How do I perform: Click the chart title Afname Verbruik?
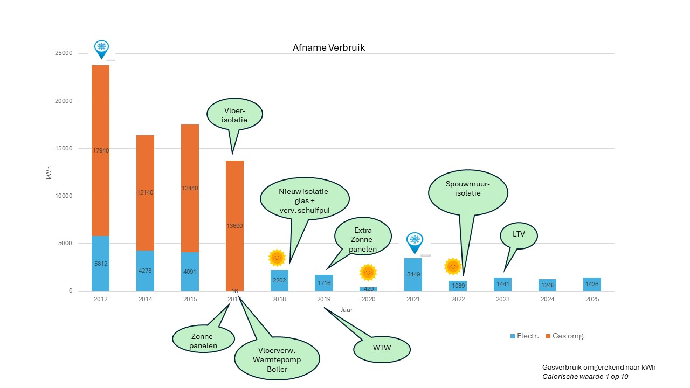(328, 47)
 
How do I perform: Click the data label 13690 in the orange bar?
(234, 226)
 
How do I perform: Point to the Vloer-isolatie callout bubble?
(234, 115)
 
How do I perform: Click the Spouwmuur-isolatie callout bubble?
(468, 188)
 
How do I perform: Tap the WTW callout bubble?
(381, 349)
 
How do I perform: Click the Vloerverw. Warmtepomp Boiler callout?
(277, 359)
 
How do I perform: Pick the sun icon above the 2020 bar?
(368, 272)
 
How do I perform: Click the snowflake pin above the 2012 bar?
(101, 48)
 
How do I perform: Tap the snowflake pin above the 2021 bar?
(414, 241)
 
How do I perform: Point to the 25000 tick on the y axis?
(65, 53)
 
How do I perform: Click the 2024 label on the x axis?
(547, 299)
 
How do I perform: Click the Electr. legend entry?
(524, 336)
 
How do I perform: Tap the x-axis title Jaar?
(346, 310)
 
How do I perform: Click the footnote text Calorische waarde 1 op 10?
(585, 377)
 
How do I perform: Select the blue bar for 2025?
(592, 284)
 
